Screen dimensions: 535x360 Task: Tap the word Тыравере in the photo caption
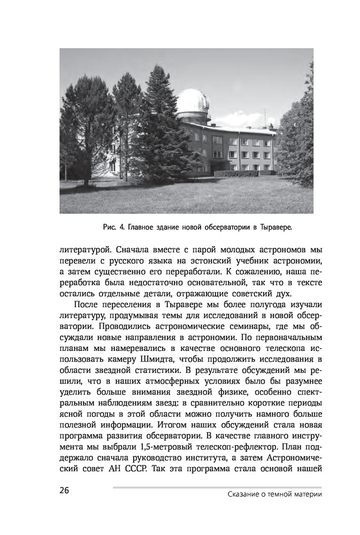275,227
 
